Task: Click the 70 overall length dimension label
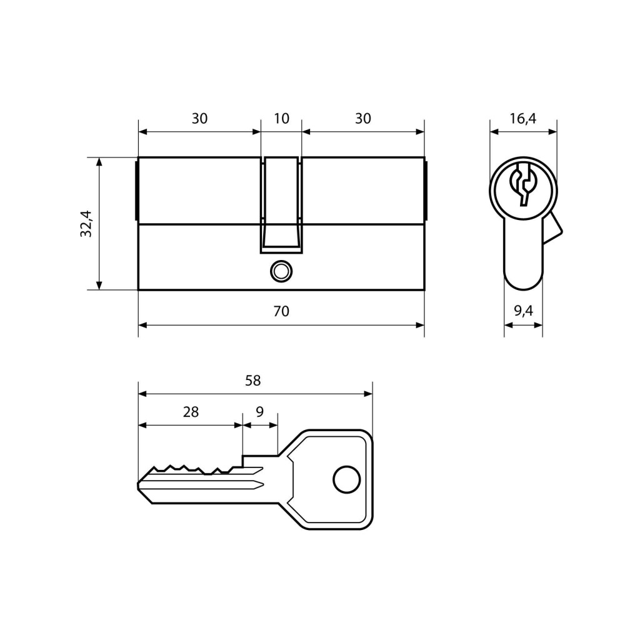click(281, 311)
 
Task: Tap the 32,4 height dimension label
click(86, 224)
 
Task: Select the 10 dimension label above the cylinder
click(281, 119)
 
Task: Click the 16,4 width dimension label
click(523, 119)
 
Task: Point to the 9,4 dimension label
click(523, 311)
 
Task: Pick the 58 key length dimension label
click(252, 381)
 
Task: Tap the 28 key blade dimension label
click(191, 412)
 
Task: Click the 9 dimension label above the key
click(260, 412)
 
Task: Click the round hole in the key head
click(346, 479)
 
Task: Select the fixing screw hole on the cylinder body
click(281, 271)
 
